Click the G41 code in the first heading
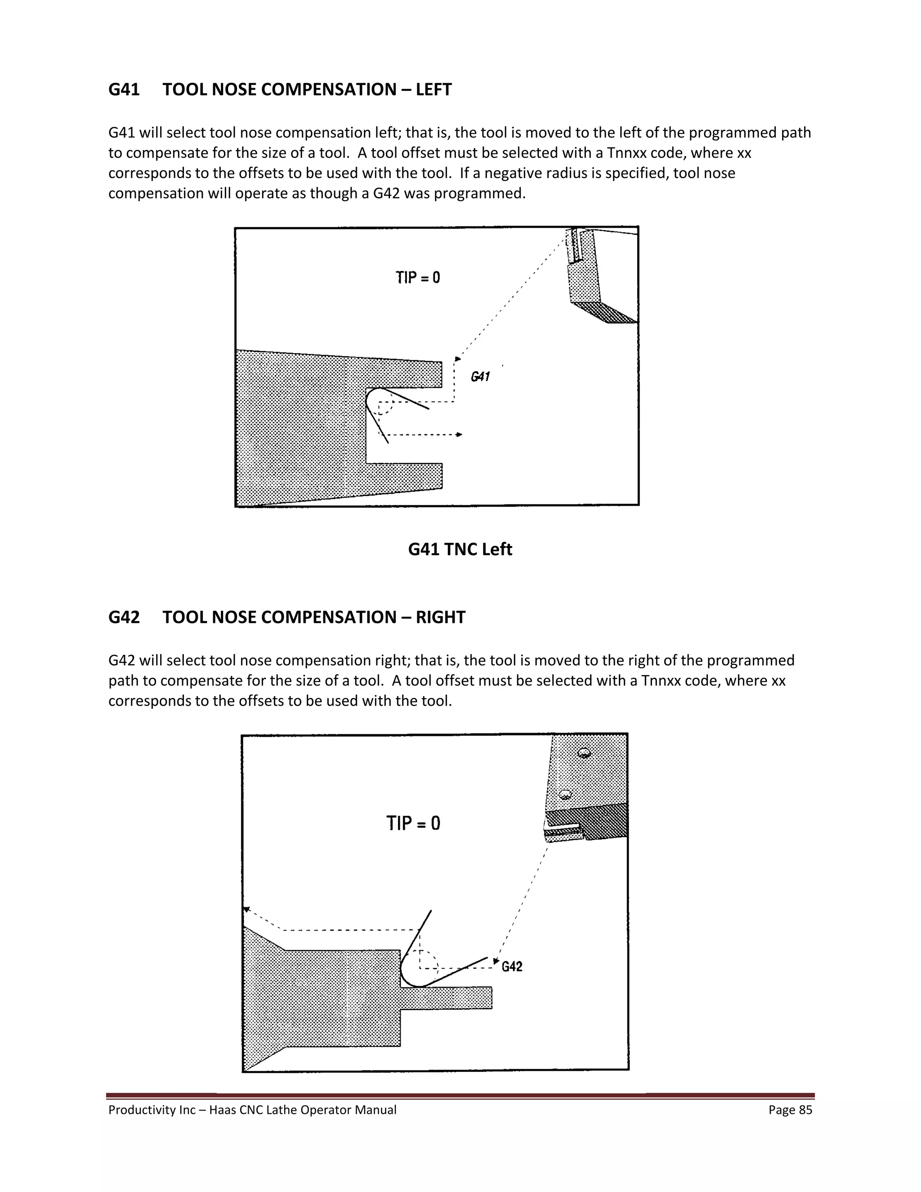(x=124, y=90)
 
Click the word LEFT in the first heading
(x=434, y=90)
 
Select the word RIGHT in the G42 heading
(x=440, y=617)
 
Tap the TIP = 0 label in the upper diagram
(x=418, y=278)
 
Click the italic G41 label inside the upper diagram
(x=480, y=376)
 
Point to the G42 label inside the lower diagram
(x=512, y=982)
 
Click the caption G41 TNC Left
(x=460, y=549)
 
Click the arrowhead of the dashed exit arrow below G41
(x=460, y=435)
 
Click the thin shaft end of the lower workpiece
(x=483, y=998)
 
